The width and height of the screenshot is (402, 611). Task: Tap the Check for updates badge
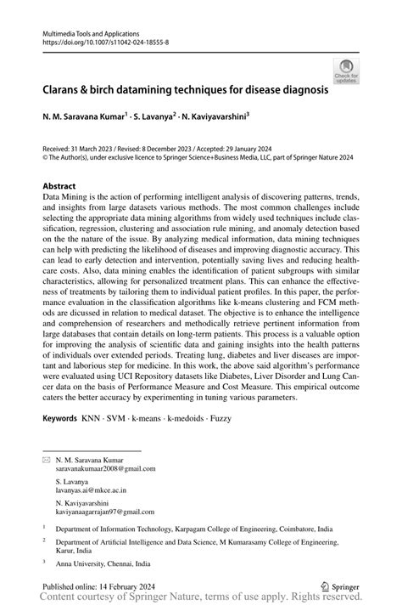[x=347, y=71]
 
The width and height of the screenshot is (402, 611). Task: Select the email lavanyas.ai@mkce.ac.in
[x=92, y=490]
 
